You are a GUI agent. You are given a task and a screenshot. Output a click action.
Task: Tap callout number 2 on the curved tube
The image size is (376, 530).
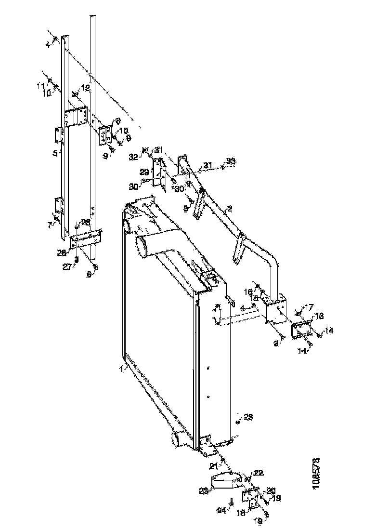[x=230, y=209]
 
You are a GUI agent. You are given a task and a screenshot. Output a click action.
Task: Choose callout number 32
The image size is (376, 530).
[x=133, y=157]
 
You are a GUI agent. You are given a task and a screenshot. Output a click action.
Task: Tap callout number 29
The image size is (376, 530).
[x=144, y=172]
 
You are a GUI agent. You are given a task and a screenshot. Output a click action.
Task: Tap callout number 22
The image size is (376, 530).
[x=259, y=472]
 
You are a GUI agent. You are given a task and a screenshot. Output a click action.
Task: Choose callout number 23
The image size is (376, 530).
[x=204, y=490]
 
